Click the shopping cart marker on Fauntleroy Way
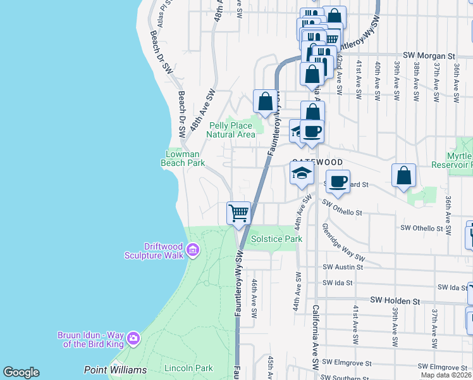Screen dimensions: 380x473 (238, 213)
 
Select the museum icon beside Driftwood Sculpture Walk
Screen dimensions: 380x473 (193, 251)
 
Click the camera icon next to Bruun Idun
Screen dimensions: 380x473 (133, 338)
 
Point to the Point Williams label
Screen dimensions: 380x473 (115, 369)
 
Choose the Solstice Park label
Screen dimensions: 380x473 (276, 239)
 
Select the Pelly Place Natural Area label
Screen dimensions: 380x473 (232, 130)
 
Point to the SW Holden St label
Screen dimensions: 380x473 (395, 300)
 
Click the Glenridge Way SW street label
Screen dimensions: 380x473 (343, 243)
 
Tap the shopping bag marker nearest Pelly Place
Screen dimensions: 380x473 (265, 101)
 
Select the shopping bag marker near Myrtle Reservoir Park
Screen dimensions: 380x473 (403, 175)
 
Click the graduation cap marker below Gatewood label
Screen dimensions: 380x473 (302, 173)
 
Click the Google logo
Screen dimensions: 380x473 (21, 372)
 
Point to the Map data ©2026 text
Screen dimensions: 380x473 (445, 375)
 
